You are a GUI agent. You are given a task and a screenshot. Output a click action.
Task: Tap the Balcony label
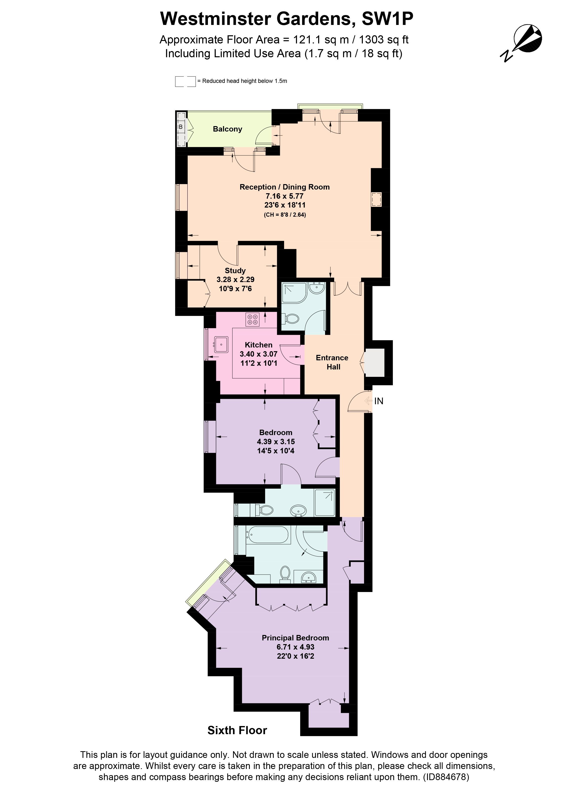click(227, 129)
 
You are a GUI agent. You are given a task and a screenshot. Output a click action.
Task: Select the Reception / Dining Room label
click(284, 187)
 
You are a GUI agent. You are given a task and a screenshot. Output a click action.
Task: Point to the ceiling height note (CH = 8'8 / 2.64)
click(285, 215)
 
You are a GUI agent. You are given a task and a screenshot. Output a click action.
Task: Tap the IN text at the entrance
click(379, 401)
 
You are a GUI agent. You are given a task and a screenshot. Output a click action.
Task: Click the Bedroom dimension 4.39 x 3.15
click(276, 442)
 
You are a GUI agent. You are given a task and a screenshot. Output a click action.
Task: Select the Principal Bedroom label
click(295, 638)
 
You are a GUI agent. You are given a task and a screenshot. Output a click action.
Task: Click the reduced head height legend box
click(185, 81)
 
